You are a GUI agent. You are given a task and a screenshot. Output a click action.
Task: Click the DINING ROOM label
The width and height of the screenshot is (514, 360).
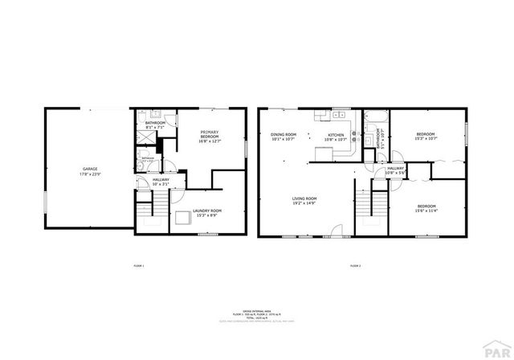coord(284,137)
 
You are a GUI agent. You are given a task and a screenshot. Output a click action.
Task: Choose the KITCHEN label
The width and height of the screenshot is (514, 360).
coord(334,137)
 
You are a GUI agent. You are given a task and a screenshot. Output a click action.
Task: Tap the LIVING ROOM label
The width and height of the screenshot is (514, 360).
coord(304,200)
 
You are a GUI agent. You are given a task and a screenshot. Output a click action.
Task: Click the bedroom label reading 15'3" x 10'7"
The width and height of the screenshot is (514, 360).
coord(426,136)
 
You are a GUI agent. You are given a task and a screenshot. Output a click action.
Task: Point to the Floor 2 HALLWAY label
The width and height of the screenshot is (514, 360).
coord(395,170)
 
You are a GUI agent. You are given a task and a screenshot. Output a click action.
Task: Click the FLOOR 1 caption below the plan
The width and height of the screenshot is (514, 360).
coord(138,264)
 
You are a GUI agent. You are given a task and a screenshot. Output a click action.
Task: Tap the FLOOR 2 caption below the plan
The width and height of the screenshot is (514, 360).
coord(355,264)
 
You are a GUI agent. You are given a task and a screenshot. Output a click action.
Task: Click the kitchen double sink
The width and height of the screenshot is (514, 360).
coord(337,113)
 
